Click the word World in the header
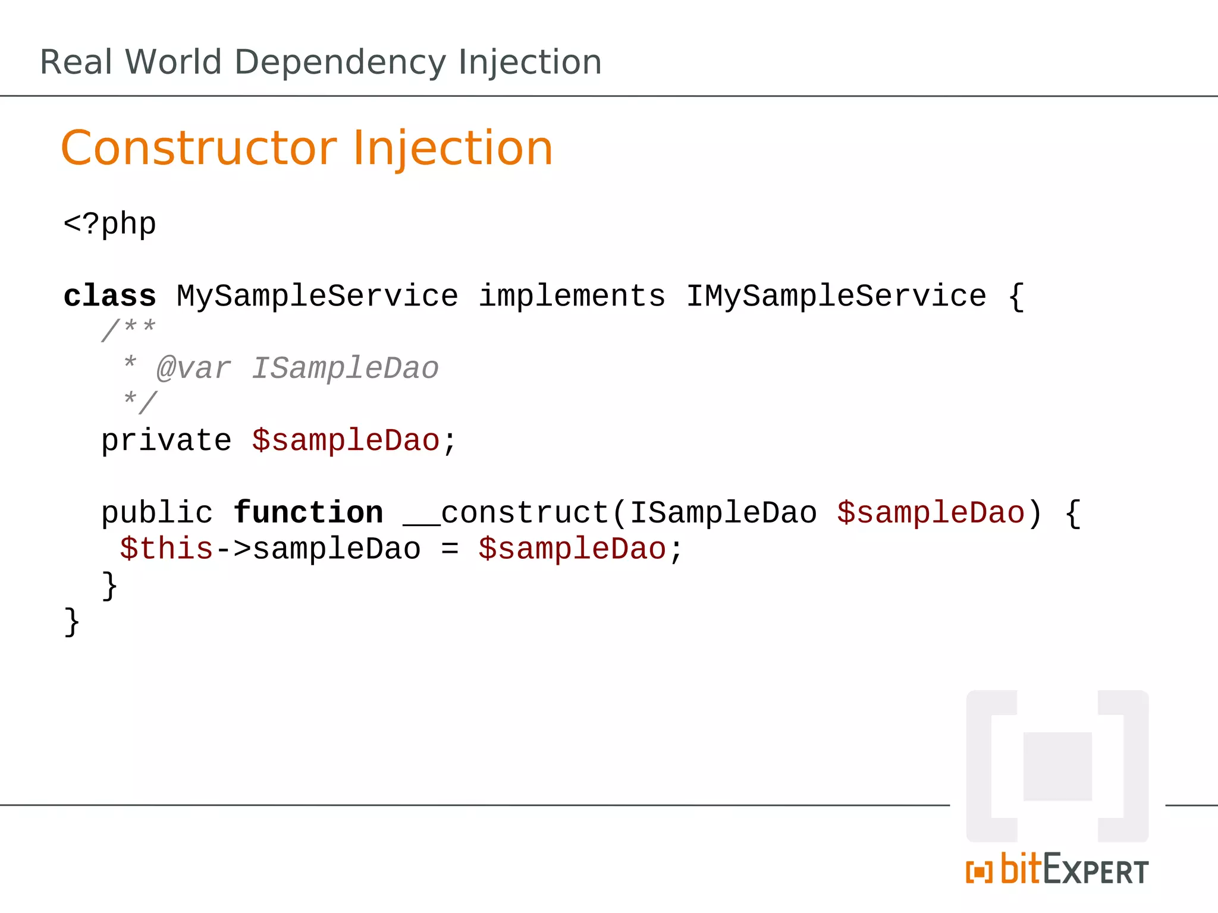pos(173,62)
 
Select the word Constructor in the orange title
pos(199,148)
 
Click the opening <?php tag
pos(109,225)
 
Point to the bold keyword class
pos(109,296)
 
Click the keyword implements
pos(572,296)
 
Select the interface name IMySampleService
pos(836,296)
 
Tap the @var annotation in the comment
pos(193,369)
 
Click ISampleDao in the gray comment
pos(345,369)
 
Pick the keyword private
pos(166,441)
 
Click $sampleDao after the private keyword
pos(345,441)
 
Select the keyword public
pos(156,513)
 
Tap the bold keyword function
pos(308,513)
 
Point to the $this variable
pos(166,549)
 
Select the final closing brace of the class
pos(71,622)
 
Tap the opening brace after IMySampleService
pos(1016,296)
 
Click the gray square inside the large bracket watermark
pos(1057,766)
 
